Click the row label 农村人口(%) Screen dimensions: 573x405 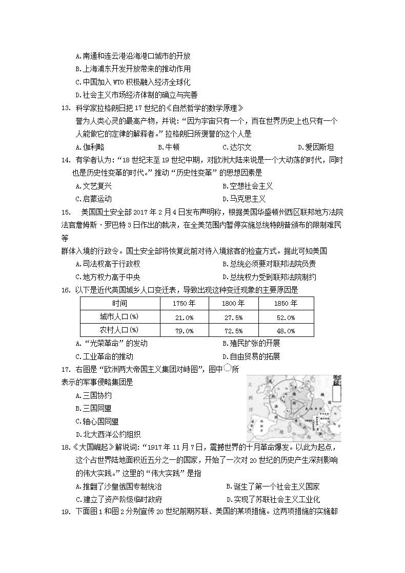pyautogui.click(x=119, y=331)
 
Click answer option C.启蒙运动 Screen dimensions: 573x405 pyautogui.click(x=93, y=199)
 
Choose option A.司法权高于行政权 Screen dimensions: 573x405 pyautogui.click(x=107, y=264)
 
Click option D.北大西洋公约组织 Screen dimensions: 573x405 pyautogui.click(x=107, y=434)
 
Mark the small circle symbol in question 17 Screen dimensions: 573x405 pyautogui.click(x=228, y=368)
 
